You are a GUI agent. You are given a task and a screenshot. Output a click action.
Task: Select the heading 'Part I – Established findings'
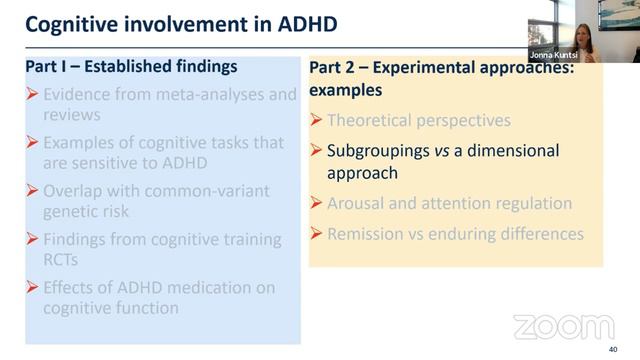132,68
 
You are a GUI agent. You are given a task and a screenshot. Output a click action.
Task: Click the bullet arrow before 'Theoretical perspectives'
317,121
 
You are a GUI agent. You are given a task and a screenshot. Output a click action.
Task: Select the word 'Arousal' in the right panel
358,203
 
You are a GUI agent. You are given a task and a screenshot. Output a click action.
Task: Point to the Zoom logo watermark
563,327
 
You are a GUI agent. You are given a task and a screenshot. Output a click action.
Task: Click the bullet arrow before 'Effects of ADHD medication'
34,288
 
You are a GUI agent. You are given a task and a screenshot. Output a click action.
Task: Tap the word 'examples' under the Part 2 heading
346,90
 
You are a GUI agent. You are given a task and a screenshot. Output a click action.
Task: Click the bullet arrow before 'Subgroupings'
317,151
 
